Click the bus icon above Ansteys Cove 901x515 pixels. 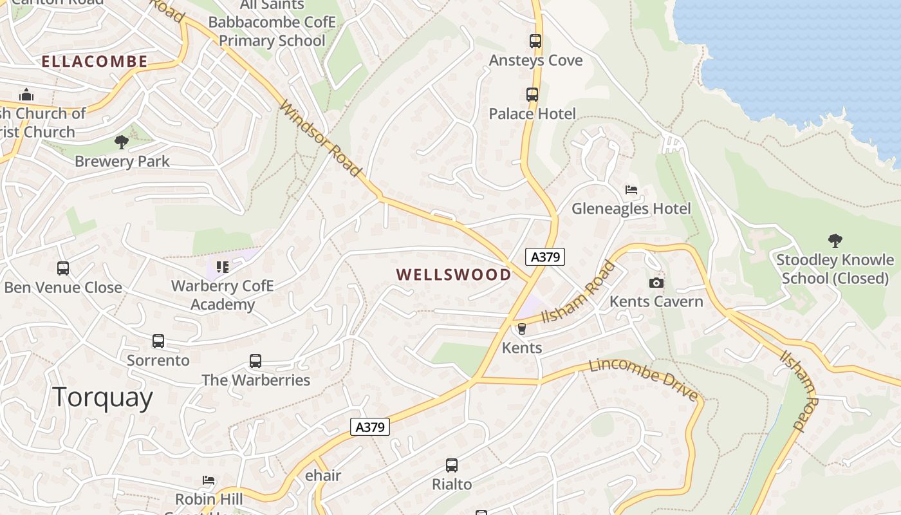(x=535, y=41)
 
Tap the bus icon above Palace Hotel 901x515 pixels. (x=532, y=95)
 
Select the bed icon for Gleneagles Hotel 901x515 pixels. (x=631, y=190)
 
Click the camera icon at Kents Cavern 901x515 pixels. (x=656, y=283)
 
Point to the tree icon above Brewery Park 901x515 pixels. (x=122, y=142)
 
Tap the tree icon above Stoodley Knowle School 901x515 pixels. (x=835, y=241)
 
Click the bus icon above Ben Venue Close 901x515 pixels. (x=63, y=268)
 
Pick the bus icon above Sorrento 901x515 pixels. (x=158, y=341)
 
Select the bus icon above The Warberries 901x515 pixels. (x=255, y=361)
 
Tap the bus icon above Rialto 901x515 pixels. (x=452, y=465)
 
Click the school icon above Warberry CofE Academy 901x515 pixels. (x=223, y=267)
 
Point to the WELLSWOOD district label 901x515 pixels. (x=454, y=275)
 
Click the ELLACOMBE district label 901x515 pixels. (x=95, y=62)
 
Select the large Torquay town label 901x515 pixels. (x=103, y=397)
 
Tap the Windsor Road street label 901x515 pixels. (x=320, y=138)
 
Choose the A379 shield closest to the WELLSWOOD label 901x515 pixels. (x=545, y=257)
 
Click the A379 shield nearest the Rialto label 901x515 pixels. (x=370, y=426)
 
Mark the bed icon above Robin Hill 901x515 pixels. (x=209, y=480)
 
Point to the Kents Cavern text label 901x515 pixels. (x=656, y=301)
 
